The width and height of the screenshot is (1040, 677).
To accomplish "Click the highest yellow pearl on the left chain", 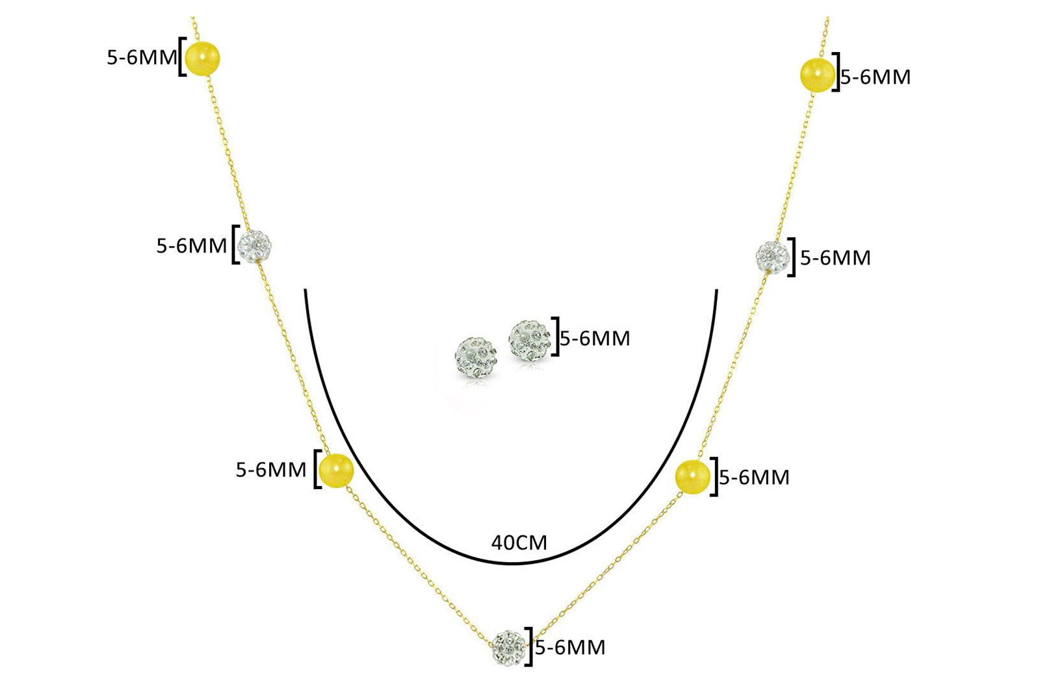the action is point(202,58).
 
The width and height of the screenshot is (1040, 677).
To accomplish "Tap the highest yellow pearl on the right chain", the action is point(818,75).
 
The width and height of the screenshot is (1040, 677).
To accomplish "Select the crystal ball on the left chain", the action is point(254,246).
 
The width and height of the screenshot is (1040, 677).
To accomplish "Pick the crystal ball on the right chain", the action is point(773,257).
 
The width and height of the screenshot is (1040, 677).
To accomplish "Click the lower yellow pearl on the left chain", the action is point(337,470).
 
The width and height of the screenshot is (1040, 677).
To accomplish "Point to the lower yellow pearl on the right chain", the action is point(692,477).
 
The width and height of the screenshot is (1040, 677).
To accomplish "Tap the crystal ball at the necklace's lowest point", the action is point(510,648).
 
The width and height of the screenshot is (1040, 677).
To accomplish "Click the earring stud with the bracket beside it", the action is point(529,340).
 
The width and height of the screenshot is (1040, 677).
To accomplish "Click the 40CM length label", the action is point(519,543).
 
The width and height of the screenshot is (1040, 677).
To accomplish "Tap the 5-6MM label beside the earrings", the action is point(595,338).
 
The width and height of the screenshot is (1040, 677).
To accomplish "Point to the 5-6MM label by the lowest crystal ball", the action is point(570,648).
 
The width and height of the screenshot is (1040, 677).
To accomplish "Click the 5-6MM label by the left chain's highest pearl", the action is point(142,58).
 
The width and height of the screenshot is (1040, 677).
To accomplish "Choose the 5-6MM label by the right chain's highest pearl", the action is point(876,77).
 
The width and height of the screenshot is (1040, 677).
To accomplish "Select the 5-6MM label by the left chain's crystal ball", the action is point(192,246).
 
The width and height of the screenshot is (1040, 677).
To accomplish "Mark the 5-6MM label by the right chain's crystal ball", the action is point(835,258).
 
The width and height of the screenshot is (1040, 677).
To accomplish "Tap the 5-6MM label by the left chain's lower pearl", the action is point(271,470).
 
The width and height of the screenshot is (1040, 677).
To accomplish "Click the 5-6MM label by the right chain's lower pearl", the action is point(755,478).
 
